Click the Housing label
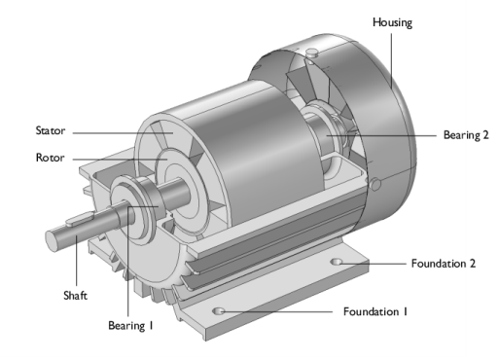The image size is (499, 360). tap(392, 22)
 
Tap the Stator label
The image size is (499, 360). tap(51, 130)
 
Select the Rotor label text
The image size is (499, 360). tap(50, 158)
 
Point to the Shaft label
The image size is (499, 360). tap(75, 296)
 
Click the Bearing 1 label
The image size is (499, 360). tap(130, 325)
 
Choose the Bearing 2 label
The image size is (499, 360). tap(466, 135)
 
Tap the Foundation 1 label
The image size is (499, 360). tap(375, 311)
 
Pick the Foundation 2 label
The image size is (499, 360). tap(444, 264)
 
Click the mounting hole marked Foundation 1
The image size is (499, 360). tap(219, 311)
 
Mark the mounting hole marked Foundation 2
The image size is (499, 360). tap(337, 262)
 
